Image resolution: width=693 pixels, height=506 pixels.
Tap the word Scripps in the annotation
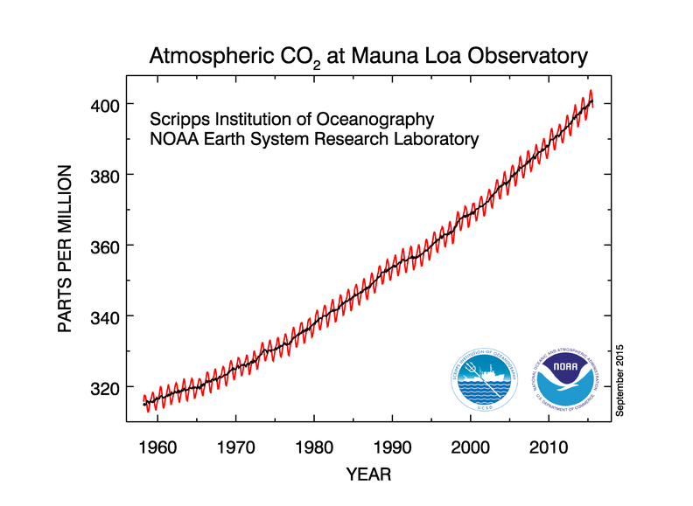click(x=178, y=119)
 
